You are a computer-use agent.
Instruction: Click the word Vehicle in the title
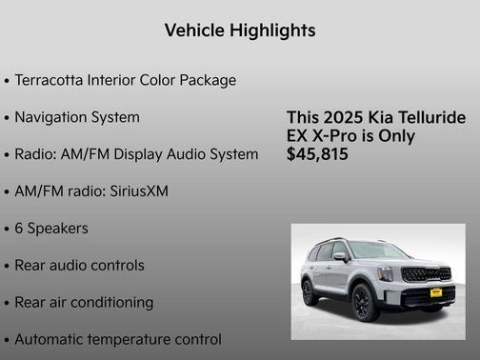(193, 30)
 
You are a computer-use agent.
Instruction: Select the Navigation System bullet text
(77, 117)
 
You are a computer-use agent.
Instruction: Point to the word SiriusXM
(133, 191)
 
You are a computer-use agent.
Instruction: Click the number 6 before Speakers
(19, 229)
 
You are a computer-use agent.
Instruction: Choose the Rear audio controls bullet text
(80, 266)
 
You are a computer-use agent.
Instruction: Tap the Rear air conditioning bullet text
(84, 303)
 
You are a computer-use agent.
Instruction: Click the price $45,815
(317, 154)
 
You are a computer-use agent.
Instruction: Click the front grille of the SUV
(426, 274)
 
